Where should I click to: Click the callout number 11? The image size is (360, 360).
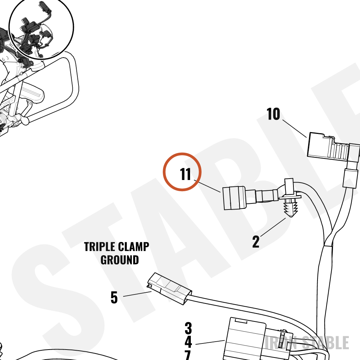click(x=185, y=174)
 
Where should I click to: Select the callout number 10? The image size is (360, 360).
click(x=273, y=114)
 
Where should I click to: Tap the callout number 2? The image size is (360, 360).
click(x=256, y=242)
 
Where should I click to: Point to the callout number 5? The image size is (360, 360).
click(x=114, y=298)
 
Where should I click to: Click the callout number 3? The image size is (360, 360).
click(x=188, y=328)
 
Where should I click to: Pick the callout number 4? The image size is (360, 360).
click(x=188, y=342)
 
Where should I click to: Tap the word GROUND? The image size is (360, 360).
click(x=120, y=260)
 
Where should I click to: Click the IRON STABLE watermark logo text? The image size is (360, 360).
click(x=307, y=343)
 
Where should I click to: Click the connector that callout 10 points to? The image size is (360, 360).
click(x=333, y=147)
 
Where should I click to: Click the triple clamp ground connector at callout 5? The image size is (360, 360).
click(x=170, y=289)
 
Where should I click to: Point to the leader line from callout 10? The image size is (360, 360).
click(x=294, y=129)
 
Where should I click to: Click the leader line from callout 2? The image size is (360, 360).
click(x=273, y=227)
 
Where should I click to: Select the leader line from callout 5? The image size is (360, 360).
click(x=137, y=294)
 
